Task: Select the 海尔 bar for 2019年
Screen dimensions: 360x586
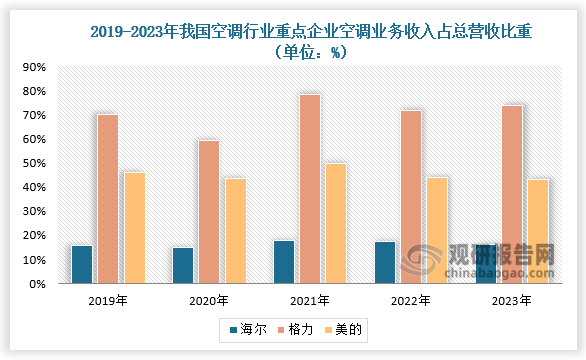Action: point(82,264)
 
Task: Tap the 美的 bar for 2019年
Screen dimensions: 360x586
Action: point(134,228)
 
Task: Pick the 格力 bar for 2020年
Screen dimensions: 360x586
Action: point(208,212)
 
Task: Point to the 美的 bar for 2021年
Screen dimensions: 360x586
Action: point(336,223)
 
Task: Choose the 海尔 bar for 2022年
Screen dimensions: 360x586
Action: point(385,262)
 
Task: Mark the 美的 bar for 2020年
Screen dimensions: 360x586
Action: point(235,231)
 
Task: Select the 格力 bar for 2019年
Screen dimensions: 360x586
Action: point(108,199)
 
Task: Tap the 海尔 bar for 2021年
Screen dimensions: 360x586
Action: point(284,262)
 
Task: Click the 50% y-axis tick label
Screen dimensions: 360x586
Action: point(34,163)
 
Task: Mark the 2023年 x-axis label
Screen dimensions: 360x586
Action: point(512,300)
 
